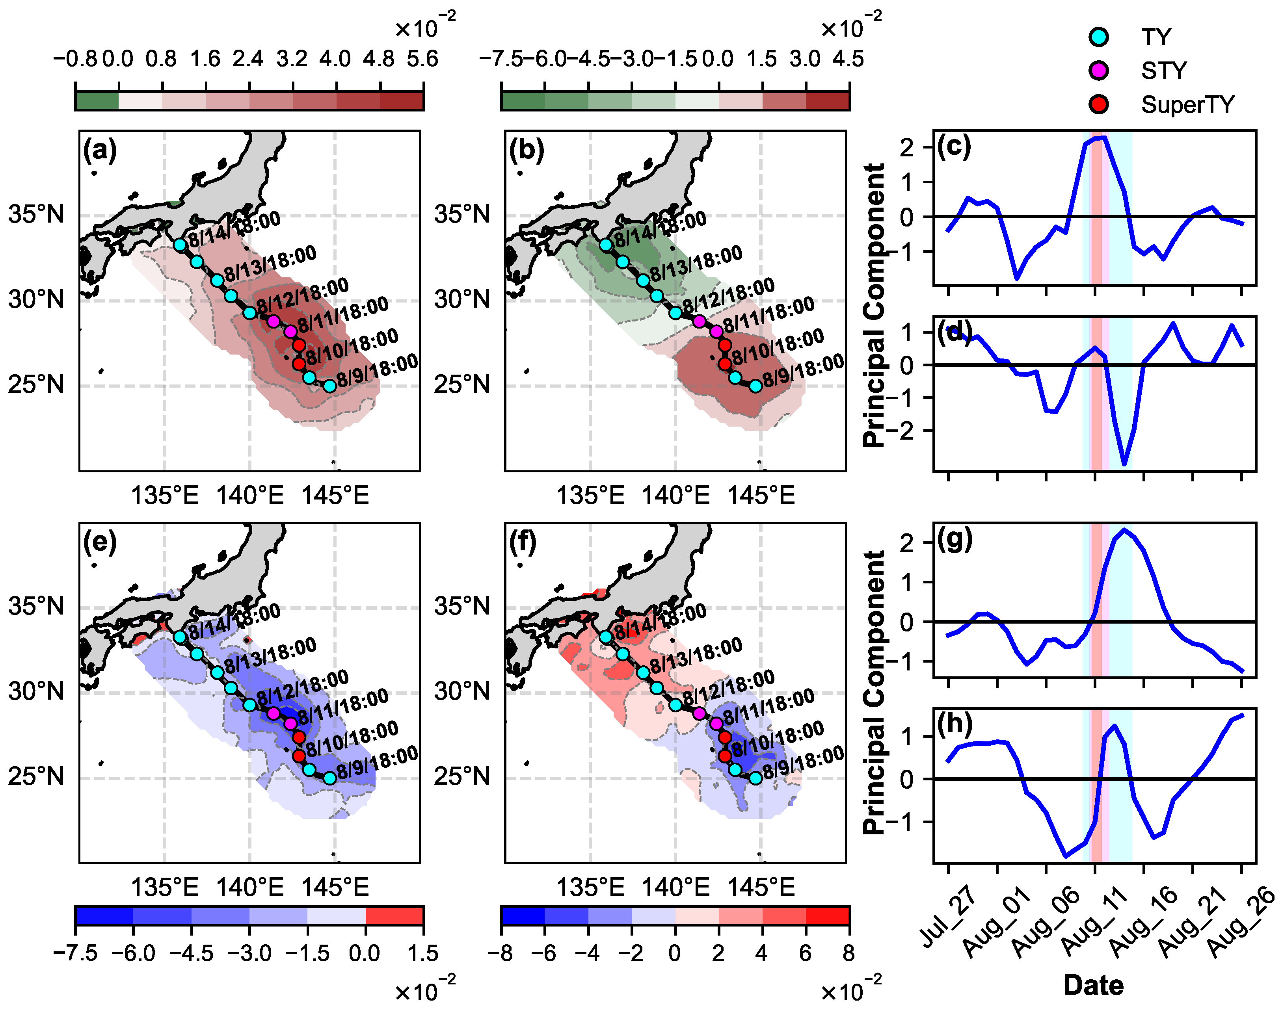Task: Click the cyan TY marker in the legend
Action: (x=1099, y=37)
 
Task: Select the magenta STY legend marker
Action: (x=1099, y=71)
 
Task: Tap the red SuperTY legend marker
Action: (x=1099, y=104)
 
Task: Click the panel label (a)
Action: (x=100, y=149)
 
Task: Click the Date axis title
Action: (x=1094, y=985)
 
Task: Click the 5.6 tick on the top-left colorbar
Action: (x=422, y=59)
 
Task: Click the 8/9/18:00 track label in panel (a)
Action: (x=377, y=370)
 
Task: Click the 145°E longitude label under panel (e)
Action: (x=335, y=887)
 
